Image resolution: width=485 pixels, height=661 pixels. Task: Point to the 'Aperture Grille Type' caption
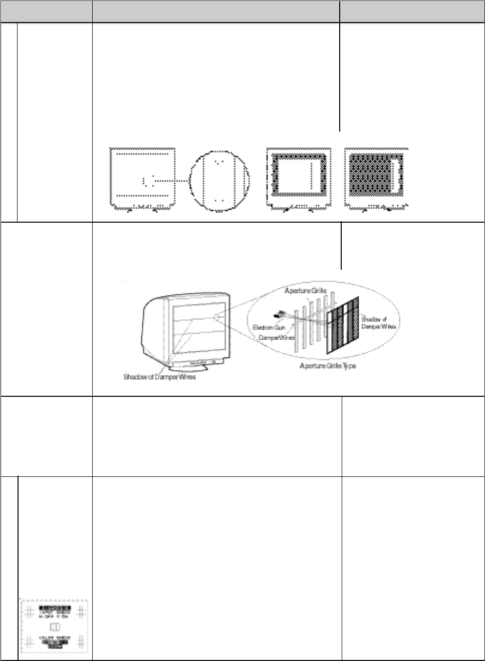(328, 366)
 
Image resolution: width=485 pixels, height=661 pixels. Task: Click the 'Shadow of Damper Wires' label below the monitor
(159, 377)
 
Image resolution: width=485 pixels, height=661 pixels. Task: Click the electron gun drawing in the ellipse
(279, 315)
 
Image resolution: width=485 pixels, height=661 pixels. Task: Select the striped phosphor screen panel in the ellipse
(343, 325)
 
